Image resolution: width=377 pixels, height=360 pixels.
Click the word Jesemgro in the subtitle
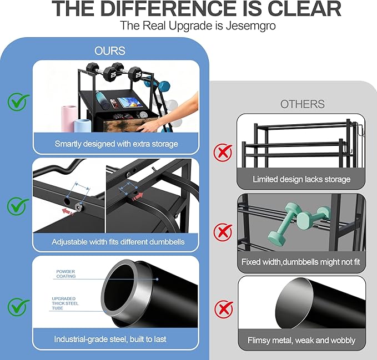click(250, 26)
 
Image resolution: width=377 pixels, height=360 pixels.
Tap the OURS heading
click(110, 51)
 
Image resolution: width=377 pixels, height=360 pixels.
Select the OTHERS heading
click(302, 104)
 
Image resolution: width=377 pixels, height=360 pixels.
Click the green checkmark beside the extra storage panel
click(18, 102)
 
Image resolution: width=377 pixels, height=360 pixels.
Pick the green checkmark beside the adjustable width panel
click(18, 206)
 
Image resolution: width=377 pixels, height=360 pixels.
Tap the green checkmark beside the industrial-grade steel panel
click(18, 307)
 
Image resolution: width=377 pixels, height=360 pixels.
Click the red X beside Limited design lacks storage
click(223, 153)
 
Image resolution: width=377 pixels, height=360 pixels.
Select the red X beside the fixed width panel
click(223, 232)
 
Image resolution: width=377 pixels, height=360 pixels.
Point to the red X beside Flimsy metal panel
click(224, 309)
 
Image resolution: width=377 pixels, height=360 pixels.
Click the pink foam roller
click(69, 118)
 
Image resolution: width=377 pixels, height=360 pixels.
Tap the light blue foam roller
click(83, 125)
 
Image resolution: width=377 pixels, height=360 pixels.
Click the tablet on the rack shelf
click(130, 102)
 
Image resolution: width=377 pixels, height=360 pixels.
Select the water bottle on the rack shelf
click(101, 99)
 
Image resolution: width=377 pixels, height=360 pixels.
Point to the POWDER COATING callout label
click(66, 274)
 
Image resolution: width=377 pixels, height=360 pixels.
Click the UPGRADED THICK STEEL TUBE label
click(65, 303)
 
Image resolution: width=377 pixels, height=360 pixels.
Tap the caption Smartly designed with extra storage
click(116, 144)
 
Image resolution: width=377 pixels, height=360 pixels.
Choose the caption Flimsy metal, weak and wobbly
click(301, 340)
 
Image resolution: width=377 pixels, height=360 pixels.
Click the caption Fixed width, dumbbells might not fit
click(300, 262)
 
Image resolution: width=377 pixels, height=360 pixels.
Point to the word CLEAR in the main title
click(304, 9)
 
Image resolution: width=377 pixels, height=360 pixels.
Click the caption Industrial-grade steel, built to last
click(110, 339)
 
